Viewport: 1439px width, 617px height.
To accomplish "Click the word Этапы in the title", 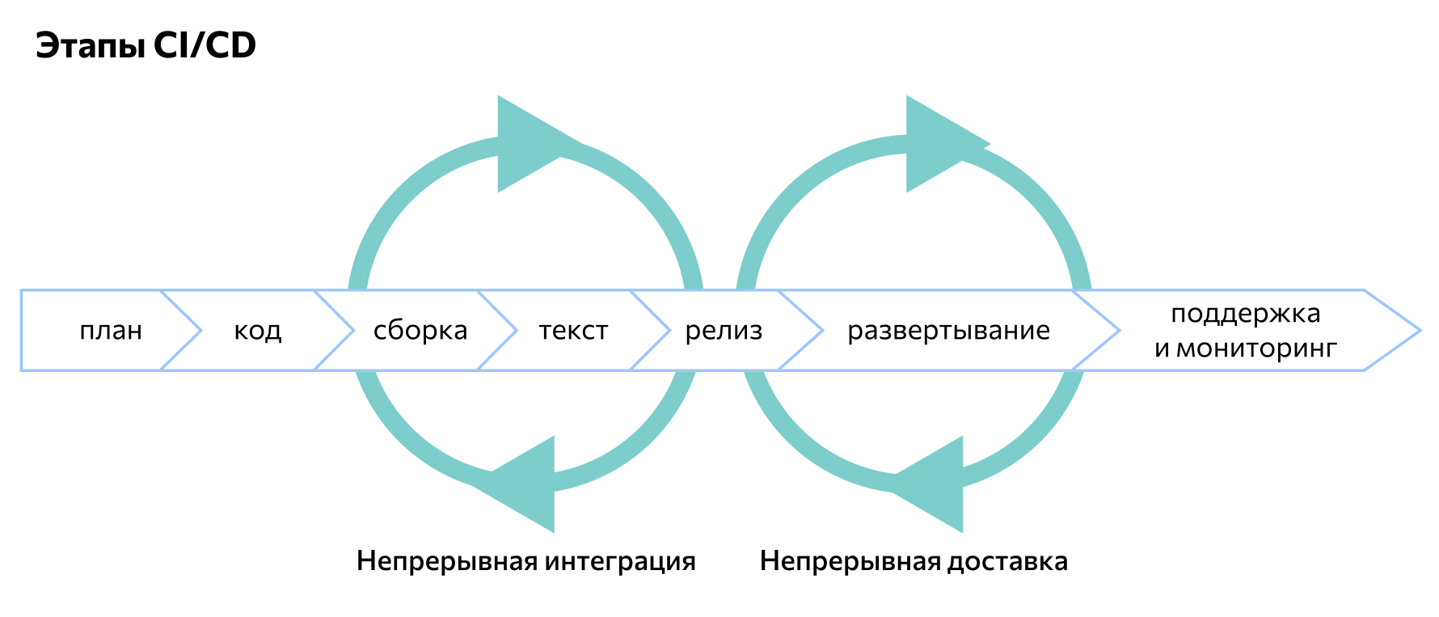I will point(92,47).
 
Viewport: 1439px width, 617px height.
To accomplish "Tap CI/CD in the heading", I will point(205,46).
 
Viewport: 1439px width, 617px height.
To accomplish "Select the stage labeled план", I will point(111,331).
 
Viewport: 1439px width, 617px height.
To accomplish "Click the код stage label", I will point(258,331).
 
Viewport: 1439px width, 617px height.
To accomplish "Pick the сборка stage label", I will point(420,331).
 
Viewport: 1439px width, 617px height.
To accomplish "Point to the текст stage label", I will point(573,331).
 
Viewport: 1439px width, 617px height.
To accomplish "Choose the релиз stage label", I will point(724,331).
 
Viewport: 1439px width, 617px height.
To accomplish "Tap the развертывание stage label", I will point(948,331).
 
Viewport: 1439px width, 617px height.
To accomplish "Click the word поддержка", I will point(1245,314).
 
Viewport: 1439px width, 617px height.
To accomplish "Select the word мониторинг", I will point(1257,349).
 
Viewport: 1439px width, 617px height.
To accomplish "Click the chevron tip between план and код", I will point(199,331).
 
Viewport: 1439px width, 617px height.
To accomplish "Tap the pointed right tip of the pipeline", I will point(1418,331).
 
